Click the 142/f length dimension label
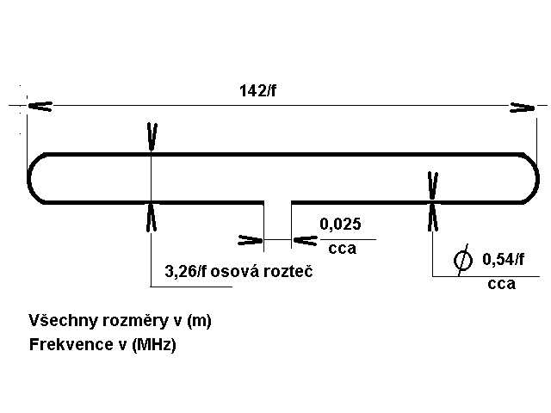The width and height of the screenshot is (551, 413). tap(257, 90)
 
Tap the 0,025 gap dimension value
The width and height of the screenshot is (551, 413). tap(340, 224)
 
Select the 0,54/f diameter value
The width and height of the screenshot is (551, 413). tap(503, 259)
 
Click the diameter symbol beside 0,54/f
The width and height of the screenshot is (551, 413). tap(463, 260)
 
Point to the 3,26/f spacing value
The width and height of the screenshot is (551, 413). tap(186, 272)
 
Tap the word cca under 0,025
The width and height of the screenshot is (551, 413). tap(343, 249)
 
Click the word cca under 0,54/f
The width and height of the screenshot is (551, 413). tap(501, 284)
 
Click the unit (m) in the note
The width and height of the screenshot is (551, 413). tap(199, 321)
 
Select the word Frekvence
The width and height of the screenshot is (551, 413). tap(69, 344)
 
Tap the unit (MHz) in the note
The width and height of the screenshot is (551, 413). tap(153, 345)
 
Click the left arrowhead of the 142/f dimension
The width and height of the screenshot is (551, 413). tap(40, 106)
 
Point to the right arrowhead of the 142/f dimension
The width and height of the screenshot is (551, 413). tap(523, 108)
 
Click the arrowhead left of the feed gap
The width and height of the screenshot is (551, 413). tap(251, 240)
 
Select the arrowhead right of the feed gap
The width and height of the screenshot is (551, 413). tap(306, 241)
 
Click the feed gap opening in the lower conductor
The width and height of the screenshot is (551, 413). tap(277, 203)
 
